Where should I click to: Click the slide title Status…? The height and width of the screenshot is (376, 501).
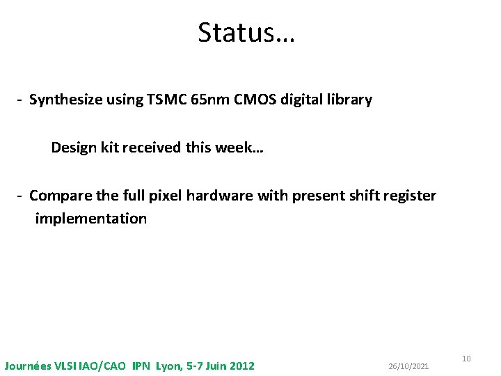(x=246, y=33)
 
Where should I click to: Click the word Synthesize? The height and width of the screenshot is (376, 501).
(x=65, y=100)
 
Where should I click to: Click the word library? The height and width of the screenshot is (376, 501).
(x=347, y=100)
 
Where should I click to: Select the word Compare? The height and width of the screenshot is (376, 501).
(x=58, y=196)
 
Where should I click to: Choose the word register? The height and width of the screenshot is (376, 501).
(x=408, y=196)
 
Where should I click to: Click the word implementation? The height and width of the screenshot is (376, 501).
(x=91, y=219)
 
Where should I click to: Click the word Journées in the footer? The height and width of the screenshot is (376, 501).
(x=27, y=366)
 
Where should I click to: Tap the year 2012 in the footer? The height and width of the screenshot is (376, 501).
(x=241, y=366)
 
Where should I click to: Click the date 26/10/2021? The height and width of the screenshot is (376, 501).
(x=408, y=366)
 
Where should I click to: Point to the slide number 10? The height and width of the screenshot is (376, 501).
(x=466, y=359)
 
